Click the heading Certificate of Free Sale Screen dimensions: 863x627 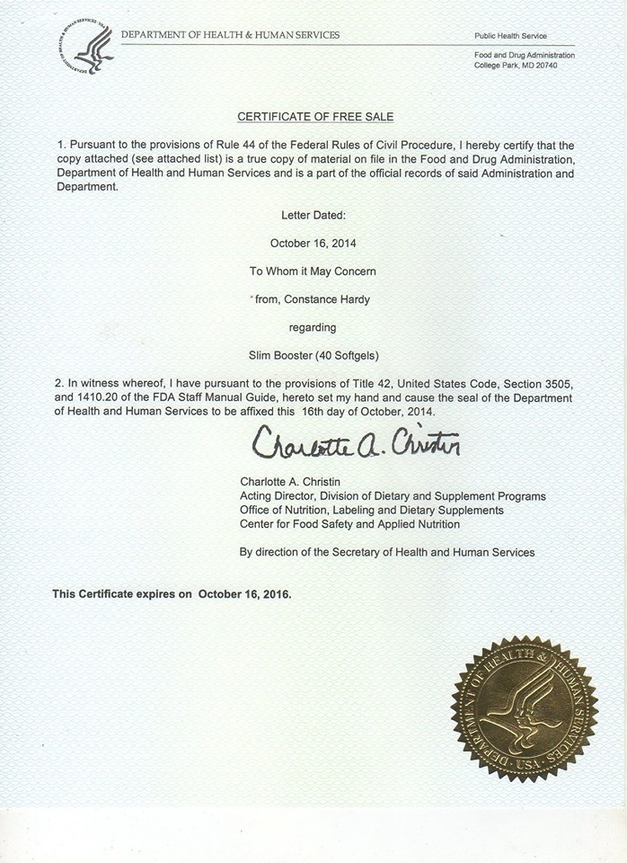click(x=314, y=117)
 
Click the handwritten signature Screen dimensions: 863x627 click(x=355, y=441)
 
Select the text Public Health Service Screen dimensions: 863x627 click(x=510, y=36)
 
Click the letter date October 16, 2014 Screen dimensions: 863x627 click(x=313, y=243)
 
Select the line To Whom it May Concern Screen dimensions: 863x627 click(x=313, y=271)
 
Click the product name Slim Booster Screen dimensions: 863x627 click(x=280, y=355)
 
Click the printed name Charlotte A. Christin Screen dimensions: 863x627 click(x=291, y=481)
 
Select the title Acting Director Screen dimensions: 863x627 click(x=276, y=495)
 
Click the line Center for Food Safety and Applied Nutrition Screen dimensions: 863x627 click(x=349, y=523)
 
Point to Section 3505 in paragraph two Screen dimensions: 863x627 click(x=542, y=384)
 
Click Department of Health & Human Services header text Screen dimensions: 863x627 click(x=230, y=35)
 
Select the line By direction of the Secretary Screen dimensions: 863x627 click(x=386, y=552)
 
